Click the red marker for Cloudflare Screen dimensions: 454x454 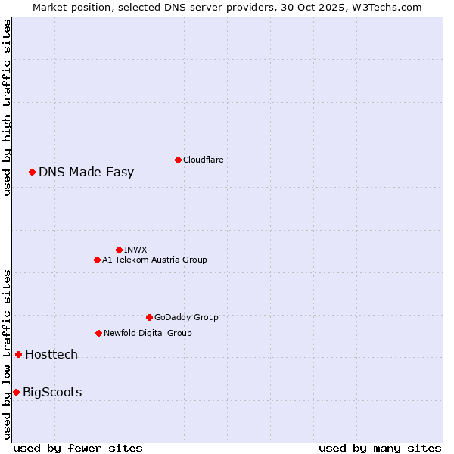178,160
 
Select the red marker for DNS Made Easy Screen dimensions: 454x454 32,172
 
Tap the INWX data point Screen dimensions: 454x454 119,250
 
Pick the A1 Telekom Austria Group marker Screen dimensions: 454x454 97,260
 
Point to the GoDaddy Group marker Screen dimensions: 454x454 149,317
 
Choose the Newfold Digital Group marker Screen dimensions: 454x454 98,333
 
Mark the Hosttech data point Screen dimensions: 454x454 18,354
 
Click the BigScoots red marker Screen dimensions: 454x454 16,392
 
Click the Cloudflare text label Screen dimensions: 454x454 203,160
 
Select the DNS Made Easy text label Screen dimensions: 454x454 86,172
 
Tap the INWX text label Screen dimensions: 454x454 135,250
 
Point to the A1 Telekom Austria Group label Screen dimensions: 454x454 154,260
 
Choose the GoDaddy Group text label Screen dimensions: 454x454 186,317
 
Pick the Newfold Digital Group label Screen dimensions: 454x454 148,333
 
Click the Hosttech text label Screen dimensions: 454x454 51,354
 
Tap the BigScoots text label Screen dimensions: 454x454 52,392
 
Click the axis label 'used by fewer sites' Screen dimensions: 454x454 78,448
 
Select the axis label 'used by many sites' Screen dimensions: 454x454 380,448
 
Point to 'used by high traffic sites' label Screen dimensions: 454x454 8,107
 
